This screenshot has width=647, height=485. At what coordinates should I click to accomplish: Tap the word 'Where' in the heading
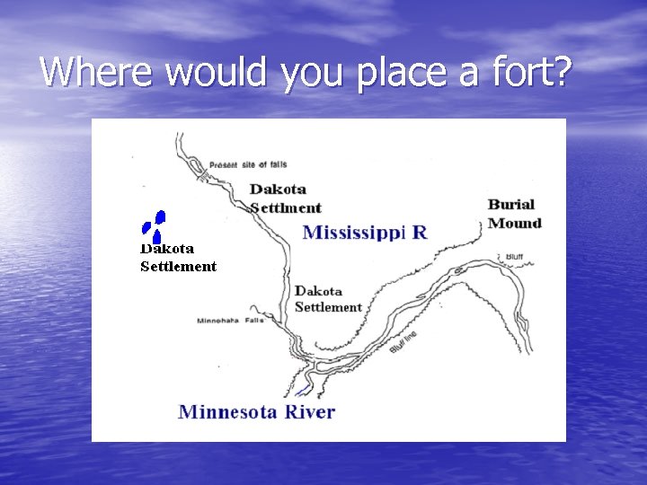tap(87, 71)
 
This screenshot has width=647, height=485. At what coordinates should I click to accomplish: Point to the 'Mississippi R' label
tap(365, 233)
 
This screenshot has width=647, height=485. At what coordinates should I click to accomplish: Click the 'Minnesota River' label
tap(256, 412)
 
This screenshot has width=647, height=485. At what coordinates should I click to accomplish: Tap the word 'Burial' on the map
tap(511, 205)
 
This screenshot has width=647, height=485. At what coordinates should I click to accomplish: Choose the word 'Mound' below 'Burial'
tap(514, 223)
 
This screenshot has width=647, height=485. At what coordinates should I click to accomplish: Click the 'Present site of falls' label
tap(247, 165)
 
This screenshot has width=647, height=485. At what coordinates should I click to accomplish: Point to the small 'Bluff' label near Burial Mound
tap(514, 256)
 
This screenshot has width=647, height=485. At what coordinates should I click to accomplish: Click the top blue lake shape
tap(160, 216)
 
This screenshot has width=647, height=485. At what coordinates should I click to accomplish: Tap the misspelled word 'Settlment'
tap(286, 207)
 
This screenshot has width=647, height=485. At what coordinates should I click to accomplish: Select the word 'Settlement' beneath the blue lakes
tap(178, 266)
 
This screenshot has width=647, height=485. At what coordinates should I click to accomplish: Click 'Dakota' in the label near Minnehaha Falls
tap(318, 291)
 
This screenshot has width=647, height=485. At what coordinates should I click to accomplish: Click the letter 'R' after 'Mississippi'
tap(419, 233)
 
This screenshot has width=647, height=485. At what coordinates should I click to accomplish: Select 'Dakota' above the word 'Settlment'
tap(278, 190)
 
